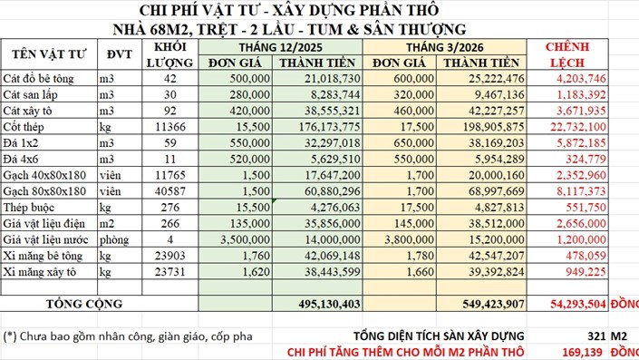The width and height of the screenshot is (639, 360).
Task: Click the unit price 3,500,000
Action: pos(241,238)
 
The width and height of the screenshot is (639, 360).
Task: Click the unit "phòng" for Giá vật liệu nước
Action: pos(115,238)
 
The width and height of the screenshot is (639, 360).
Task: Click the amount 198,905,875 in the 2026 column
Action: pos(487,127)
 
